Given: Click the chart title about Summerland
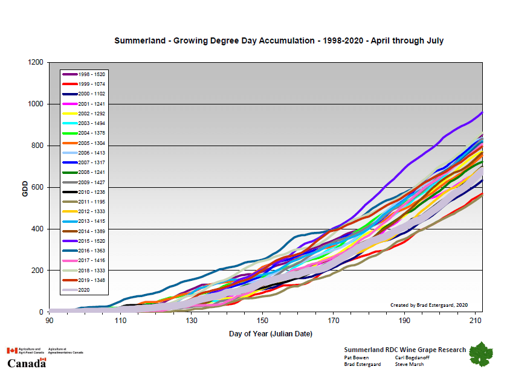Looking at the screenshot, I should pos(279,41).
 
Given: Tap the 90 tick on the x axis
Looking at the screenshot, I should pos(49,320).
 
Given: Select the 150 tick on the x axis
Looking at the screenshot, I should pos(262,320).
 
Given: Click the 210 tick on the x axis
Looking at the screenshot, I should pos(476,320).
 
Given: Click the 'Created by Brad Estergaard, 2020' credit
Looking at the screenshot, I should pos(428,304).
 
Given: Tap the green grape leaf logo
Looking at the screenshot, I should pos(481,354).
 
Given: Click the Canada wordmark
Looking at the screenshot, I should pos(27,363).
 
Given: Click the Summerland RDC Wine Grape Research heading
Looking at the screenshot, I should pos(405,350).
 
